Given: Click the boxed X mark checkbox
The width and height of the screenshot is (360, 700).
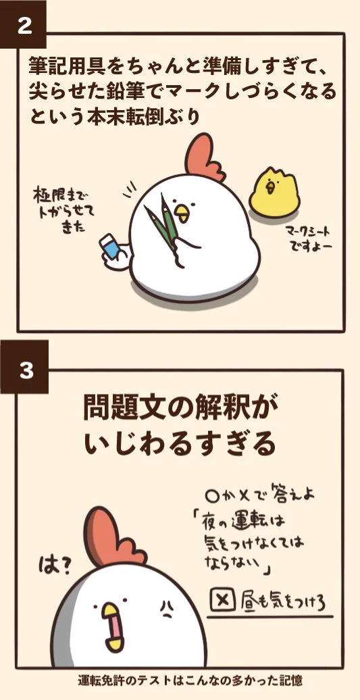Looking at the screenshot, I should pos(222,600).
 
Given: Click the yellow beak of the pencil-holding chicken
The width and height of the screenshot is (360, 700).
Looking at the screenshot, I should pos(182,214).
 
